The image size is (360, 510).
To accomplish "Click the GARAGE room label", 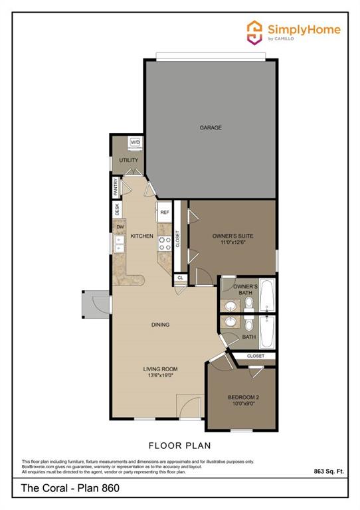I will pos(210,127).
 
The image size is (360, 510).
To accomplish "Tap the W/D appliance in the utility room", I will pos(135,142).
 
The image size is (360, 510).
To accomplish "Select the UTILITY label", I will pos(128,161).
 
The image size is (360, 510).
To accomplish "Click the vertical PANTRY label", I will pos(116,187).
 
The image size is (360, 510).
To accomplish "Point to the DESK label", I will pos(118,209).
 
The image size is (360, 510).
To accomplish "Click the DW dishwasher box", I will pos(120,227).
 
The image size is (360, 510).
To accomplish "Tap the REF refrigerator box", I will pos(165,212).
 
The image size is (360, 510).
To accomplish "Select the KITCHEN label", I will pos(141,236).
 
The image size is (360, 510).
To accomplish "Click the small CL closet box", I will pos(180,278).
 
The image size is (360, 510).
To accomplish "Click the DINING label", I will pos(160,325).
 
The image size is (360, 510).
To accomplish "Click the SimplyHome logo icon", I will pos(254,32).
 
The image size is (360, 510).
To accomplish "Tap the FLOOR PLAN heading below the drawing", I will pos(179,446).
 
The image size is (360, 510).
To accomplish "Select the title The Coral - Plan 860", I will pos(64,489).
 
